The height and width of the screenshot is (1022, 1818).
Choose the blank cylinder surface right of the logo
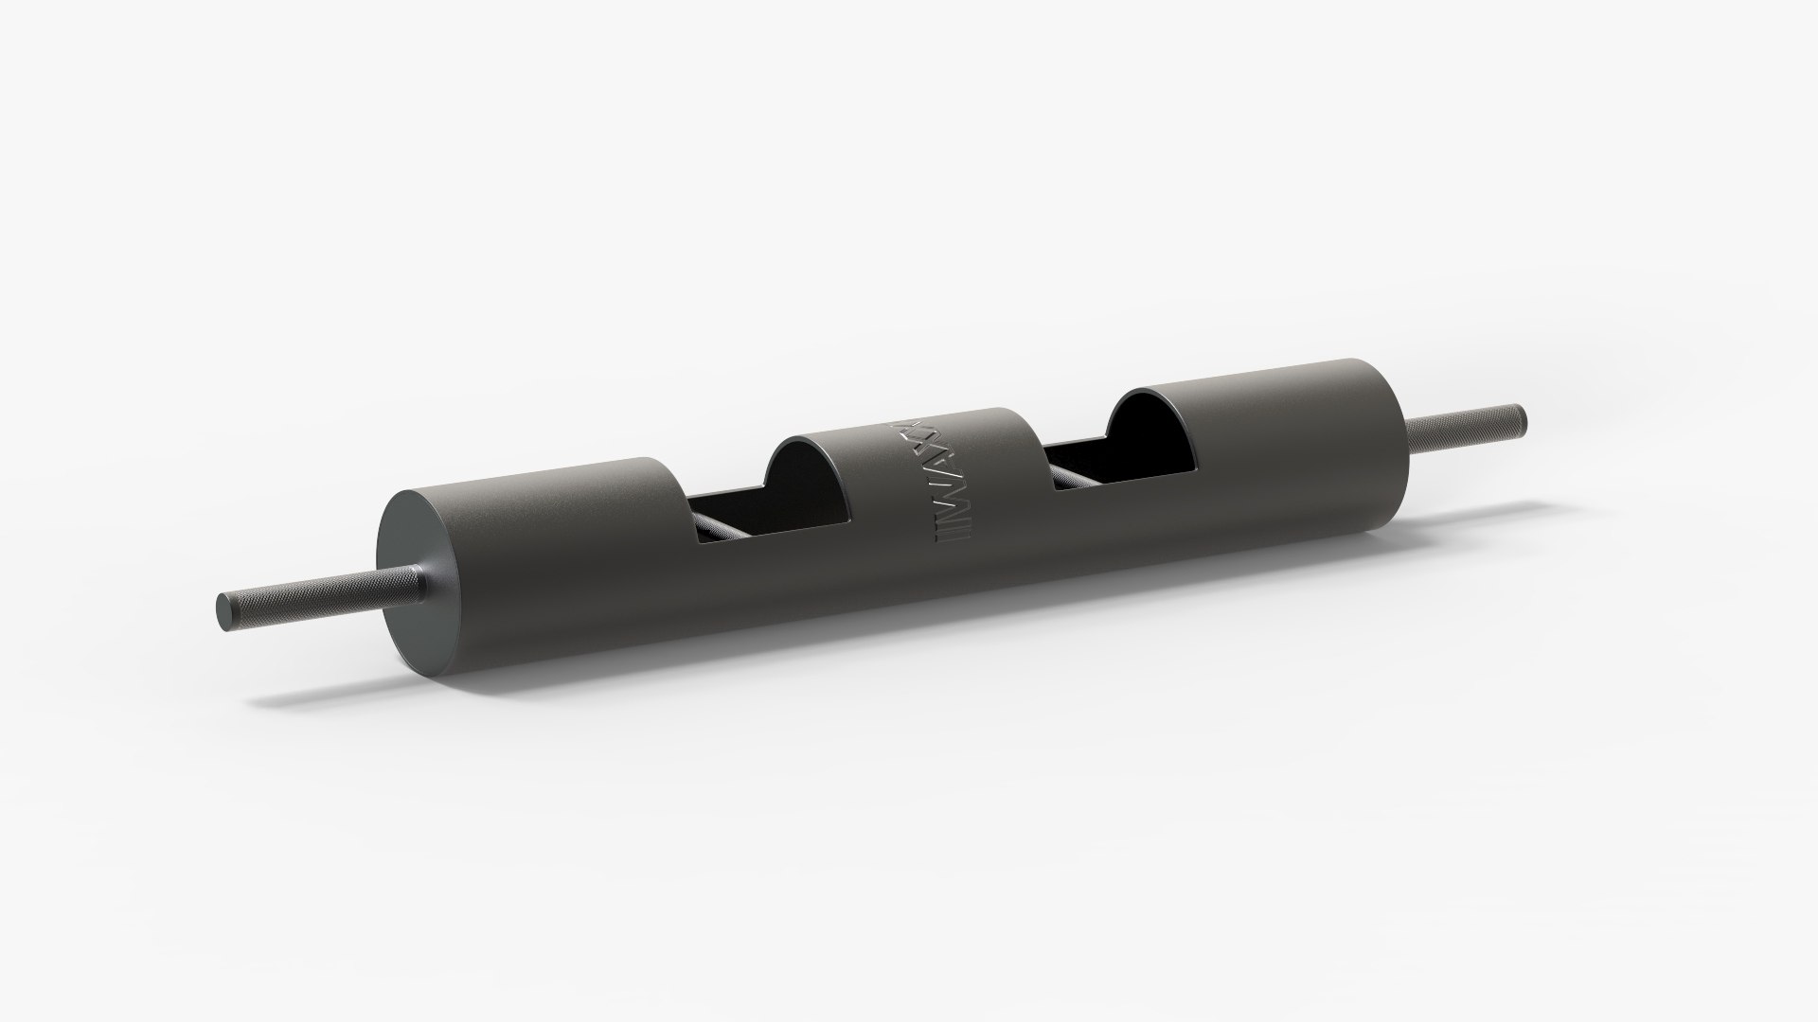click(x=1004, y=530)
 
